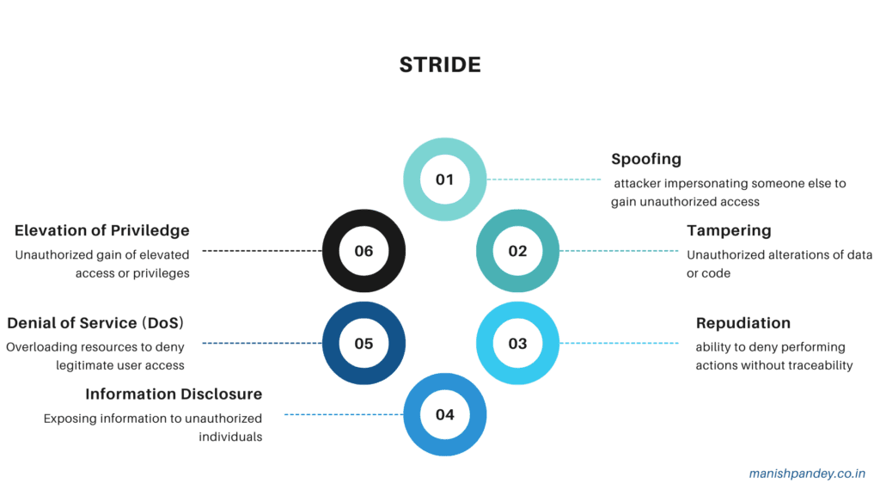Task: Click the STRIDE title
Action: click(x=439, y=65)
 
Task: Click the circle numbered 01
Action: click(x=444, y=180)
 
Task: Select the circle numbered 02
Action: click(x=517, y=251)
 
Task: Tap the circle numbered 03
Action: click(x=517, y=344)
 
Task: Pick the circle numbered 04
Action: click(x=444, y=414)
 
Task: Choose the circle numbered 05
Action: click(x=364, y=344)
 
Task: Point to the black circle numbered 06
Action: click(x=364, y=251)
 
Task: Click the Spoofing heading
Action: click(x=646, y=160)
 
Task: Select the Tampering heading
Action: click(x=729, y=231)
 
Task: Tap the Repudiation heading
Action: click(x=742, y=324)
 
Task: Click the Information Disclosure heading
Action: click(x=174, y=394)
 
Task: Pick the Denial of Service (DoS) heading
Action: click(x=95, y=323)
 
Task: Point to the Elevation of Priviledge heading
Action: click(x=101, y=231)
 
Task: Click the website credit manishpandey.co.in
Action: click(x=807, y=473)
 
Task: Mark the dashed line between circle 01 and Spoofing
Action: click(x=544, y=180)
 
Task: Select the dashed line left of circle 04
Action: click(x=344, y=414)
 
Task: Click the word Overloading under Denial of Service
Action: click(x=40, y=348)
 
